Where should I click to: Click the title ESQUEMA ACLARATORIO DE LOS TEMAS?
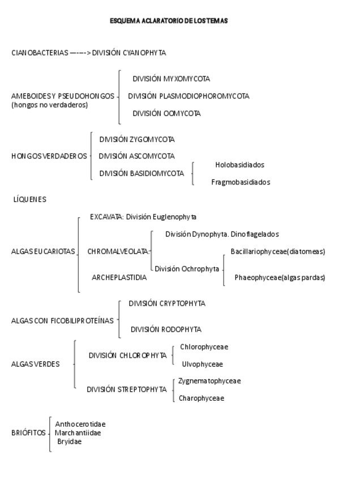click(x=169, y=21)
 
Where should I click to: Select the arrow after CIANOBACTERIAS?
click(x=80, y=53)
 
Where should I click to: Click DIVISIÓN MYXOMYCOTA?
click(x=171, y=79)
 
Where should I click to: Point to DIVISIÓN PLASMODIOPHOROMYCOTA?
click(x=188, y=96)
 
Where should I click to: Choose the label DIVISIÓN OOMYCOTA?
click(x=166, y=113)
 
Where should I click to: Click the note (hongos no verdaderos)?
click(x=50, y=105)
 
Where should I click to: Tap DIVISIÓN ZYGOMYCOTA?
click(x=137, y=139)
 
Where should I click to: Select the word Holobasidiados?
click(x=239, y=165)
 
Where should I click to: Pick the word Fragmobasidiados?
click(x=241, y=182)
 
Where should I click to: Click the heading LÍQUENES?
click(x=29, y=199)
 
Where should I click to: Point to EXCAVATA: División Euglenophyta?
click(x=143, y=217)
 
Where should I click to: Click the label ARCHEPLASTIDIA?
click(x=119, y=277)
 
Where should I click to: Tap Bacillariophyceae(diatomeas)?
click(x=277, y=251)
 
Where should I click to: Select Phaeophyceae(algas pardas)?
click(x=280, y=277)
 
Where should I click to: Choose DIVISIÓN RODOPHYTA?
click(x=166, y=329)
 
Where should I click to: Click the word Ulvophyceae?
click(x=202, y=364)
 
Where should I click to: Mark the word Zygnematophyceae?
click(x=209, y=381)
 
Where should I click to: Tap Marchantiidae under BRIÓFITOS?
click(x=78, y=433)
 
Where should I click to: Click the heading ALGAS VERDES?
click(x=35, y=364)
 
